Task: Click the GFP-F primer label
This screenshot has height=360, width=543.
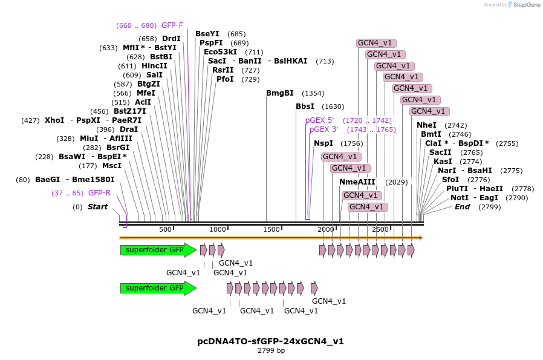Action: (x=172, y=25)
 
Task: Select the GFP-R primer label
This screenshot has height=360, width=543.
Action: (x=99, y=193)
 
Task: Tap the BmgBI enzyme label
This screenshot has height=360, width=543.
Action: (x=279, y=93)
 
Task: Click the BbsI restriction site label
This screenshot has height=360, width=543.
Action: (x=305, y=106)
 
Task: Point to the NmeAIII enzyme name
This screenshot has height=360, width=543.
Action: (x=357, y=182)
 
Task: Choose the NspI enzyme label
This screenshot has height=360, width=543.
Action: (x=323, y=143)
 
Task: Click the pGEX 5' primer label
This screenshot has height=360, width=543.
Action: (x=319, y=120)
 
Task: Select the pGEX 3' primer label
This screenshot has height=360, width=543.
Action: (x=324, y=129)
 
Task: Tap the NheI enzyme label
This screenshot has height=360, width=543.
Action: (x=426, y=125)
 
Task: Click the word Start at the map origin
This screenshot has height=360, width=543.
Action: (x=97, y=207)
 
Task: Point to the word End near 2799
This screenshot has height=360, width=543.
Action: (x=462, y=207)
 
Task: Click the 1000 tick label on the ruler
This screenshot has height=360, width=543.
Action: (x=218, y=230)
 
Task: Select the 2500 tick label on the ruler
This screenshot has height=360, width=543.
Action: (x=380, y=230)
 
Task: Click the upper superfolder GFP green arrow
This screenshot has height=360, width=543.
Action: (x=157, y=250)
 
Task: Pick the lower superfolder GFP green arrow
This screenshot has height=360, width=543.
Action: (x=157, y=288)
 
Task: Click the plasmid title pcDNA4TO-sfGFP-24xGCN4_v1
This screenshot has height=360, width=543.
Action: (x=270, y=341)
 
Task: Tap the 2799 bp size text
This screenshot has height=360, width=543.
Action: (x=271, y=350)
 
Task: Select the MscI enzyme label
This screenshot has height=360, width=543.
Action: (x=111, y=166)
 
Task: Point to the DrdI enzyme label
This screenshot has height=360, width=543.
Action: (x=171, y=39)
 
